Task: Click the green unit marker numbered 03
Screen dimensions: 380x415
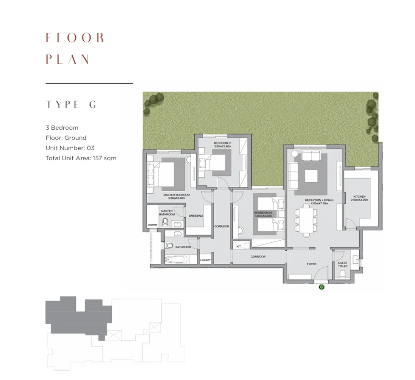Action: click(321, 287)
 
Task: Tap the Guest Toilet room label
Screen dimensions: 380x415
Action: click(342, 264)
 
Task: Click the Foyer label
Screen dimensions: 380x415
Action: click(312, 264)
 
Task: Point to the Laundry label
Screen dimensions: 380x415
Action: click(205, 260)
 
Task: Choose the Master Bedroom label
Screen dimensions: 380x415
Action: click(176, 196)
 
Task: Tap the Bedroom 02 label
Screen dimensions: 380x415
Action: click(262, 214)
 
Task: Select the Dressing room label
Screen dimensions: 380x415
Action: click(196, 216)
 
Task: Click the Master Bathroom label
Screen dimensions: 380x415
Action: click(167, 213)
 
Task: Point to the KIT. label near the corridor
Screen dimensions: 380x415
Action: click(239, 246)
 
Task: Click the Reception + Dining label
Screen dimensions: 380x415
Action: click(319, 201)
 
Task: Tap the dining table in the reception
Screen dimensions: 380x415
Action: click(306, 219)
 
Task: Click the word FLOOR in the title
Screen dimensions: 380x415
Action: click(75, 38)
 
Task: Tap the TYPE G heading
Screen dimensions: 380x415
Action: click(71, 105)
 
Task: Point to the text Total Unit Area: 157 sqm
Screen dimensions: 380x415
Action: click(81, 158)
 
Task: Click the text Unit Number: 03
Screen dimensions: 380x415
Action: click(70, 148)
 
